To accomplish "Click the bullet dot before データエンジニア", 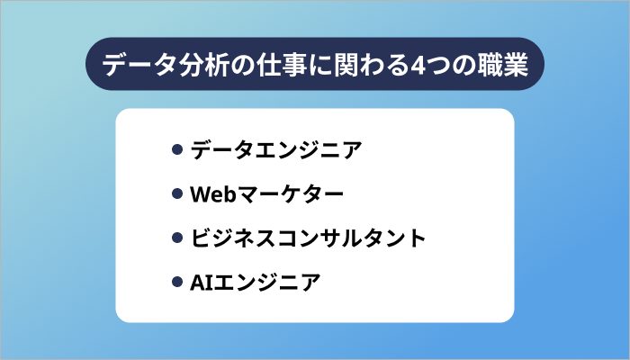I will point(177,150).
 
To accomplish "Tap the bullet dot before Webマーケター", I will point(177,194).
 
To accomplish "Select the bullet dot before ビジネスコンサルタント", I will point(177,239).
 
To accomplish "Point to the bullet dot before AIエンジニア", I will point(177,283).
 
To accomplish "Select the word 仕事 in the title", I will point(275,65).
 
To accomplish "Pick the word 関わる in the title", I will point(371,65).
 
